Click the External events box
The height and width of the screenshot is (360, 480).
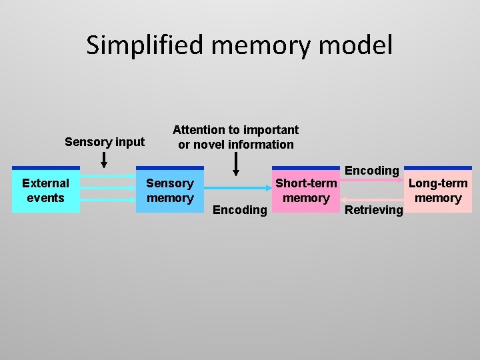tap(45, 190)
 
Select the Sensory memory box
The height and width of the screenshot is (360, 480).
tap(169, 190)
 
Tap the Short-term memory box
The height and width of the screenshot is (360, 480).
tap(306, 190)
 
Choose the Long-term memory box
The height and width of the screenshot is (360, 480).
tap(438, 190)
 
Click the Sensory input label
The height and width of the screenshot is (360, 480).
tap(105, 141)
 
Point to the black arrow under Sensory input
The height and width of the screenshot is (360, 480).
tap(104, 159)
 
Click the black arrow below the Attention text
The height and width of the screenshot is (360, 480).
tap(235, 164)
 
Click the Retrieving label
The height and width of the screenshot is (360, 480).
tap(373, 210)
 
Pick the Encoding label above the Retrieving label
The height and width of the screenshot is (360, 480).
tap(371, 171)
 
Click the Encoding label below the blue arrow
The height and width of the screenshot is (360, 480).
tap(239, 210)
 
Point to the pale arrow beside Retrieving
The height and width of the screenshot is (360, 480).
tap(373, 198)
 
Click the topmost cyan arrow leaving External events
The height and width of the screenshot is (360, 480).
tap(107, 176)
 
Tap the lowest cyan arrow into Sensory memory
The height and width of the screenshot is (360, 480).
tap(107, 199)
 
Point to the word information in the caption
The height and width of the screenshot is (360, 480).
tap(261, 144)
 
